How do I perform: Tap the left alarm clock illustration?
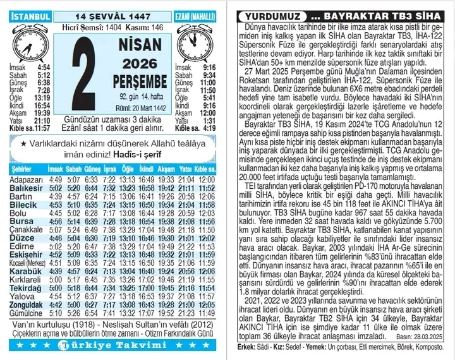(28, 42)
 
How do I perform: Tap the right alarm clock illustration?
(196, 42)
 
